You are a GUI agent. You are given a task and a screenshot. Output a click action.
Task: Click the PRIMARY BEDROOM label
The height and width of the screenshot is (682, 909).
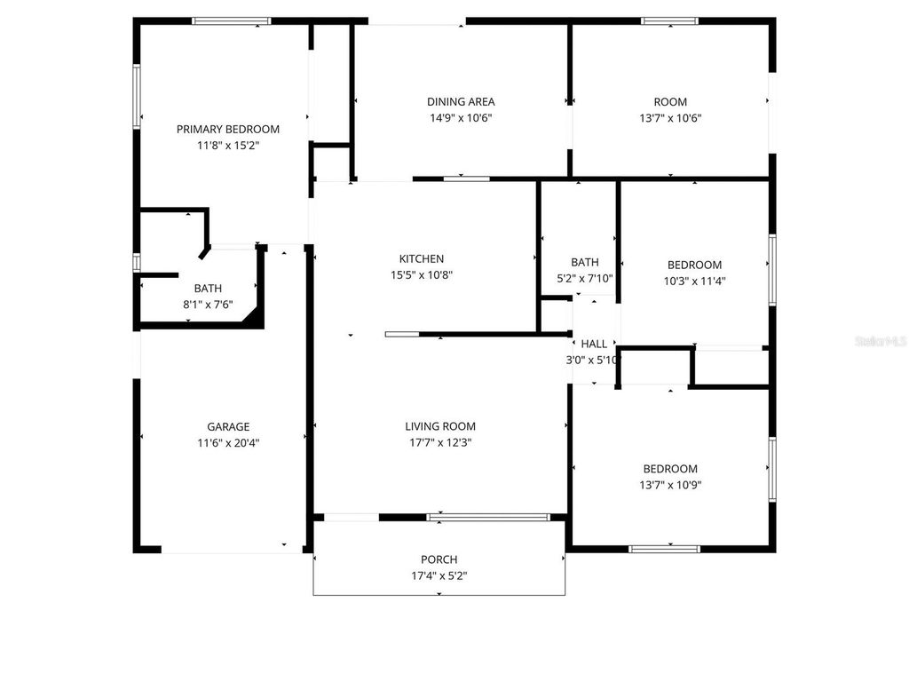pyautogui.click(x=227, y=129)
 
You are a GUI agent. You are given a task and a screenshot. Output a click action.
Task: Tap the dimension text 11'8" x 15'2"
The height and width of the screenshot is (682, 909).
pyautogui.click(x=227, y=145)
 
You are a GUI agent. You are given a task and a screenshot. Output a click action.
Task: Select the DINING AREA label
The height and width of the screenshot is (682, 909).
pyautogui.click(x=461, y=102)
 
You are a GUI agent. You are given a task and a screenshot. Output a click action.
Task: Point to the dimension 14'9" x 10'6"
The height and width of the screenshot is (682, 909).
pyautogui.click(x=461, y=118)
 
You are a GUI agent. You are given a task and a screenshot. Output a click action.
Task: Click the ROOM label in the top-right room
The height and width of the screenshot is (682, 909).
pyautogui.click(x=669, y=102)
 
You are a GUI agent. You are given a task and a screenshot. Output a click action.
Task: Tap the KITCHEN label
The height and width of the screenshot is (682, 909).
pyautogui.click(x=422, y=259)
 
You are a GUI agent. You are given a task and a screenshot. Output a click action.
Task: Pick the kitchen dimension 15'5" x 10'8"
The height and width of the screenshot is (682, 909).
pyautogui.click(x=422, y=275)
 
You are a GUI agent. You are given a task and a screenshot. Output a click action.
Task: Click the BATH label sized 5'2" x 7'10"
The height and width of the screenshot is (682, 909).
pyautogui.click(x=584, y=262)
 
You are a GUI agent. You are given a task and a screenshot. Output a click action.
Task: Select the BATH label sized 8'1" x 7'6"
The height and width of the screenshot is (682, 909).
pyautogui.click(x=208, y=289)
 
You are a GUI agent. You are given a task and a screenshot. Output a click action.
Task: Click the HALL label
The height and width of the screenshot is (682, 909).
pyautogui.click(x=594, y=344)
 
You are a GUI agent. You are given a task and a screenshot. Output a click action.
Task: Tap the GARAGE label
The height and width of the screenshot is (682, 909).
pyautogui.click(x=228, y=426)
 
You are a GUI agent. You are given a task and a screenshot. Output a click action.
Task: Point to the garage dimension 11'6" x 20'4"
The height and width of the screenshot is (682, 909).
pyautogui.click(x=228, y=442)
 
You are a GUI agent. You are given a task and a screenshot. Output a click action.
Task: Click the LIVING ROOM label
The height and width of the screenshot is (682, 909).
pyautogui.click(x=440, y=426)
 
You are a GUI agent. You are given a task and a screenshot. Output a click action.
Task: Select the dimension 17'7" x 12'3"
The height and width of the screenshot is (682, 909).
pyautogui.click(x=440, y=442)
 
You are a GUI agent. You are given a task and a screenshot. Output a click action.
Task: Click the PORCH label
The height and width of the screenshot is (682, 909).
pyautogui.click(x=439, y=559)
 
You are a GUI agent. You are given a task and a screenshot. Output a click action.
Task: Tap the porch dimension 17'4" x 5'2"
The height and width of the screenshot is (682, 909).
pyautogui.click(x=439, y=575)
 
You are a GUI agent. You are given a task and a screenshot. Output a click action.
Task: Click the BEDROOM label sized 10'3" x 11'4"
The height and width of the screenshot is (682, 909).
pyautogui.click(x=694, y=265)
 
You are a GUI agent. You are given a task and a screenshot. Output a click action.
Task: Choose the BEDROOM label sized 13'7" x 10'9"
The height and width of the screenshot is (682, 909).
pyautogui.click(x=670, y=469)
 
